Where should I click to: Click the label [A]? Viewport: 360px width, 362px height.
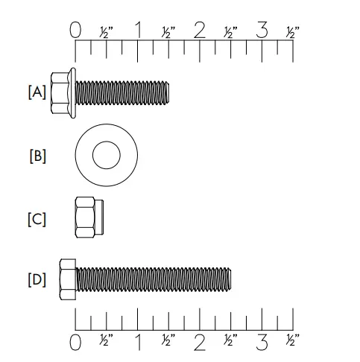[37, 92]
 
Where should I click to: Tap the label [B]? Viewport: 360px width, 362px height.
[37, 156]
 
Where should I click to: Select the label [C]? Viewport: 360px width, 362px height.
[37, 220]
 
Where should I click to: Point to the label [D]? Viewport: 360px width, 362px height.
[37, 280]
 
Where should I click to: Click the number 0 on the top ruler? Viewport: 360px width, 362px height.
[75, 31]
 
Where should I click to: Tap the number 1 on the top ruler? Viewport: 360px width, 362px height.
[139, 31]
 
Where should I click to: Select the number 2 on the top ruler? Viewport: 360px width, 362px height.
[199, 31]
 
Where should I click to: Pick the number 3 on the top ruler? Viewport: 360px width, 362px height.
[262, 31]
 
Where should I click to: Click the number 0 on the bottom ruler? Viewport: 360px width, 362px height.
[75, 343]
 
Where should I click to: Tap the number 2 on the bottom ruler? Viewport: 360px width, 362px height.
[199, 343]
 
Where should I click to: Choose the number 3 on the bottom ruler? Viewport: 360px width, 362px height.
[262, 343]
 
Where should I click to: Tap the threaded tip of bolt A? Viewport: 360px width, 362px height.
[167, 92]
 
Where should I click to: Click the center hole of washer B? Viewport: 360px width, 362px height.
[106, 156]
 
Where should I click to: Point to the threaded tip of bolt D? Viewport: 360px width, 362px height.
[229, 279]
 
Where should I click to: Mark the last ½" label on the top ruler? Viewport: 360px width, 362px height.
[292, 32]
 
